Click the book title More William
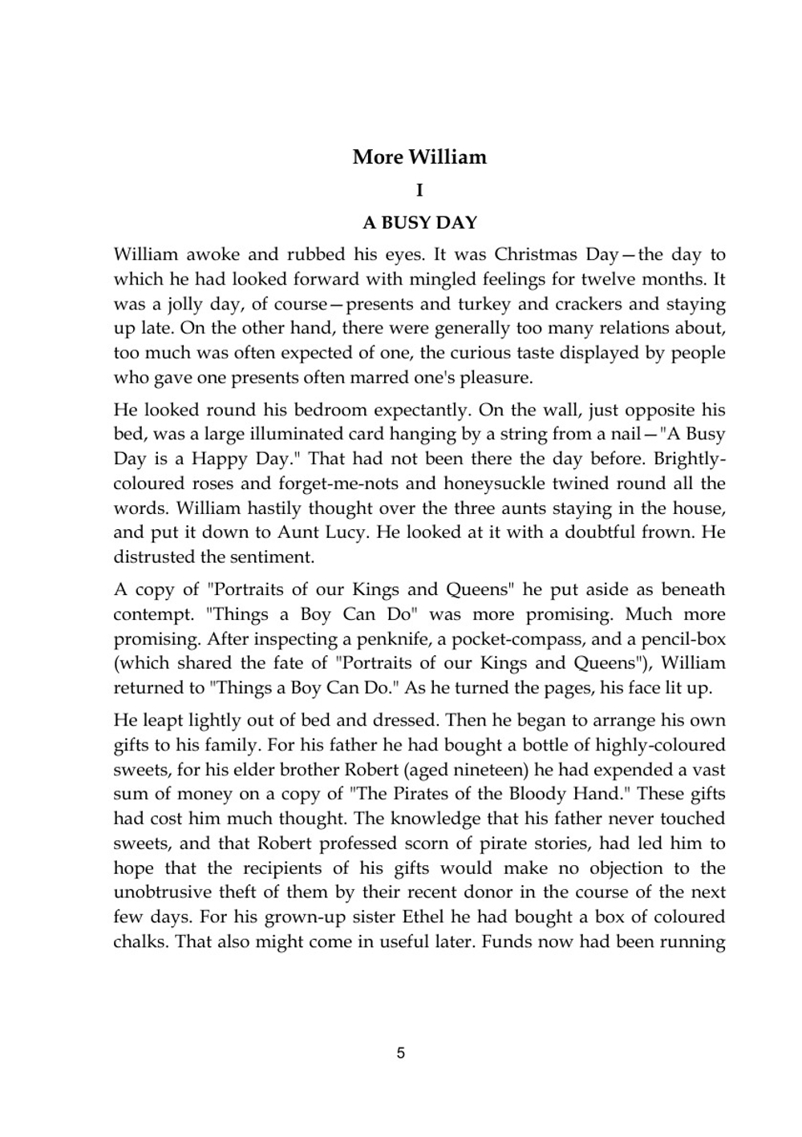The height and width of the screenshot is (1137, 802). pyautogui.click(x=419, y=157)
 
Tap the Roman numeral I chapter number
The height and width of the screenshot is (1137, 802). pyautogui.click(x=419, y=191)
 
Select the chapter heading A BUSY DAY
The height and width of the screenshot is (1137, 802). pyautogui.click(x=419, y=223)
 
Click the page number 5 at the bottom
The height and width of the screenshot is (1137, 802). pyautogui.click(x=401, y=1053)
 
